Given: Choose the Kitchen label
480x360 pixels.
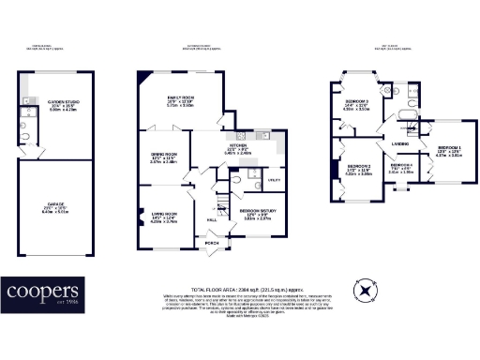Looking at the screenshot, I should coord(238,145).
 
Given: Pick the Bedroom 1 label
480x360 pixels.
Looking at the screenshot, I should coord(450,149).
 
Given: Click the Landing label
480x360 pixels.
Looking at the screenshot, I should coord(398,142).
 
